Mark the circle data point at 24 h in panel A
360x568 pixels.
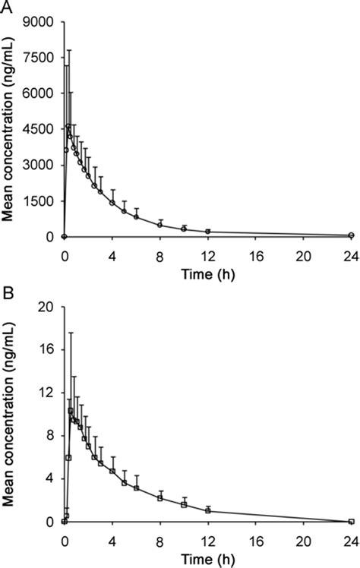pyautogui.click(x=351, y=235)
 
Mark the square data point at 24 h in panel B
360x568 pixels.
pyautogui.click(x=351, y=522)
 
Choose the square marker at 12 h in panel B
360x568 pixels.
pyautogui.click(x=207, y=510)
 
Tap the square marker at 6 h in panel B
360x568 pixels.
pyautogui.click(x=136, y=488)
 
